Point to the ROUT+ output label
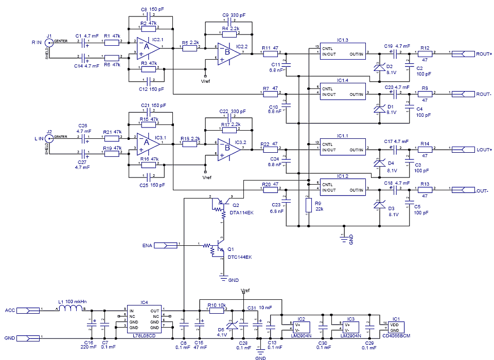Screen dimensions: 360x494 coord(484,53)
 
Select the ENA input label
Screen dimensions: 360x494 coord(148,245)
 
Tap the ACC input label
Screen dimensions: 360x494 coord(10,311)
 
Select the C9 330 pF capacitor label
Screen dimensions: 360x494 coord(234,16)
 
